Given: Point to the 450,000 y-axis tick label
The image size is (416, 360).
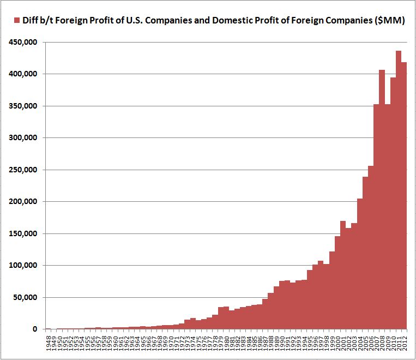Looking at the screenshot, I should point(22,42).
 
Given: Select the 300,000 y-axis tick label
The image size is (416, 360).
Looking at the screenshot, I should point(22,137).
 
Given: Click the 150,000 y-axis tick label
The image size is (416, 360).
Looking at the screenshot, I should point(22,233).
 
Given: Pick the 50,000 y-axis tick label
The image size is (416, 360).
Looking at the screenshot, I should point(25,297).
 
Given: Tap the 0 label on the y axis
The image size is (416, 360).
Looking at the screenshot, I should point(34,329).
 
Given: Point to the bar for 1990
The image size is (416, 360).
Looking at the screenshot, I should point(282,305).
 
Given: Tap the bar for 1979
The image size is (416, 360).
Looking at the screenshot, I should point(220,319).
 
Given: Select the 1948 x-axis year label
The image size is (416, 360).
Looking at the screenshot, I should point(48,344).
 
